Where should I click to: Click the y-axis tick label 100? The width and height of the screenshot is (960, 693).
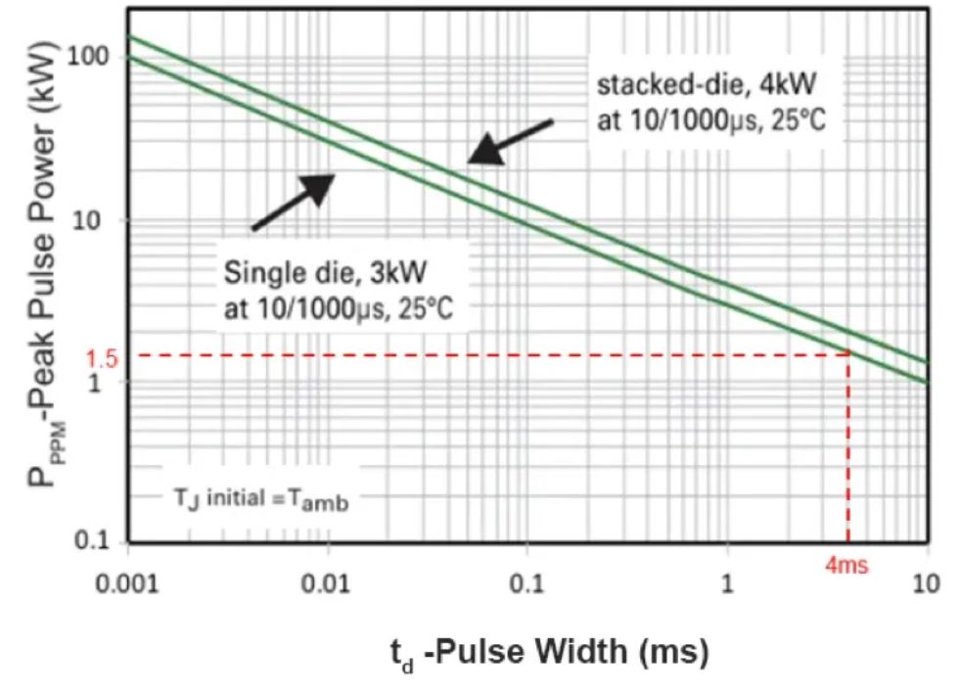[x=87, y=57]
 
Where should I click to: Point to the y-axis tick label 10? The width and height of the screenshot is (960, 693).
[x=94, y=219]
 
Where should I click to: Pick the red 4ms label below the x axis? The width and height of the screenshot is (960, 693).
[x=846, y=567]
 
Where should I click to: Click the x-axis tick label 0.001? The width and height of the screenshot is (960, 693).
[x=128, y=584]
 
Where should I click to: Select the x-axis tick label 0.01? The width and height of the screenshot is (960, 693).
[x=329, y=584]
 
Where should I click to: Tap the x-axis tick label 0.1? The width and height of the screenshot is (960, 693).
[x=527, y=584]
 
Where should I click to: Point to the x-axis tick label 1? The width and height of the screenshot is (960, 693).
[x=727, y=584]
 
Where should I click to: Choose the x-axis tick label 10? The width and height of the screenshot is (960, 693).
[x=926, y=584]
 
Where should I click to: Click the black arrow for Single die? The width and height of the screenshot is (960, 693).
[x=294, y=202]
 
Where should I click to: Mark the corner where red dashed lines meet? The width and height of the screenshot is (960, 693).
[x=848, y=354]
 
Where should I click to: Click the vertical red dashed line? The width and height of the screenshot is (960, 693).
[x=848, y=450]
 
